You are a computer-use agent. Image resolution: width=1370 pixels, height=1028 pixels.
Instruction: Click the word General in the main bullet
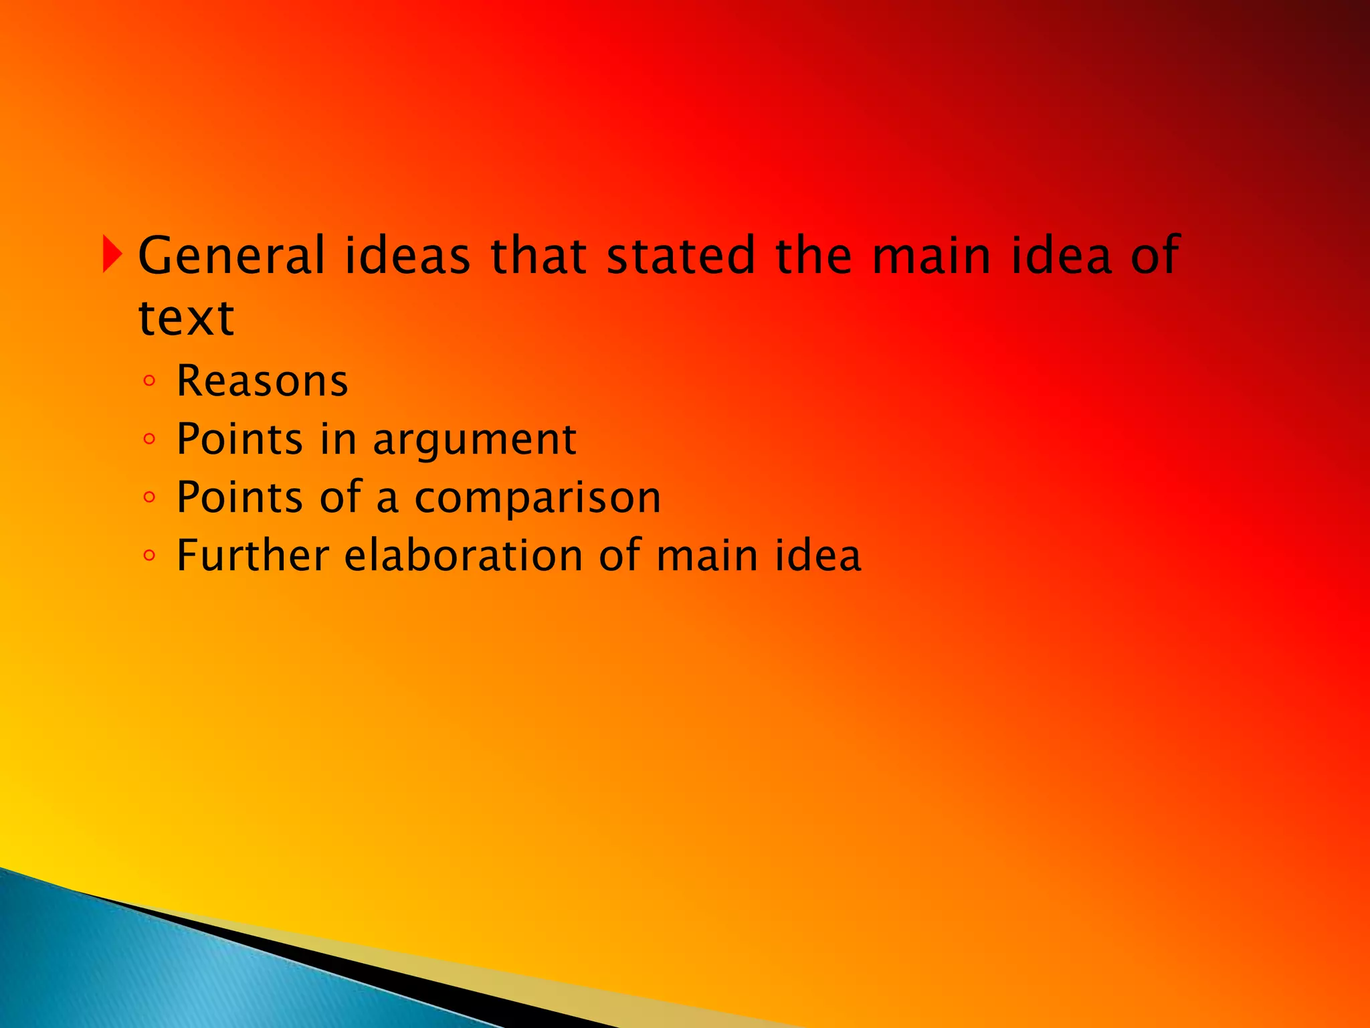click(231, 256)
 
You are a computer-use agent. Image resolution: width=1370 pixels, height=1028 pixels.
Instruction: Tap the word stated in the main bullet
click(681, 256)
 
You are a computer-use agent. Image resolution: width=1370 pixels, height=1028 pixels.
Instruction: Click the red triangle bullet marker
click(112, 255)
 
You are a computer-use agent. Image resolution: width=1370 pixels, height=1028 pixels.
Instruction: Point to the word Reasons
click(262, 381)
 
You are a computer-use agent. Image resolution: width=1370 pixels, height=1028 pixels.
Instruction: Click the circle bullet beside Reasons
click(149, 381)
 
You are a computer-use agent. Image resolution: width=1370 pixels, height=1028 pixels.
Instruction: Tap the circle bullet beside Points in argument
click(149, 440)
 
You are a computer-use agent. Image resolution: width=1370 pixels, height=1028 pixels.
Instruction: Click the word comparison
click(538, 498)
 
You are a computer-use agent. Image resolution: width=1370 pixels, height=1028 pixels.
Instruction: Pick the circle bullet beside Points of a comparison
click(149, 498)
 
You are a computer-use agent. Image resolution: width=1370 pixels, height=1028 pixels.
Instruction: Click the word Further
click(253, 555)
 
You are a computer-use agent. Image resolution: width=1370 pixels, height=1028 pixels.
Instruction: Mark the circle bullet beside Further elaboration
click(149, 555)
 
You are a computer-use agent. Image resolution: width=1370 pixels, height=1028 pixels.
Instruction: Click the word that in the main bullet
click(539, 256)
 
